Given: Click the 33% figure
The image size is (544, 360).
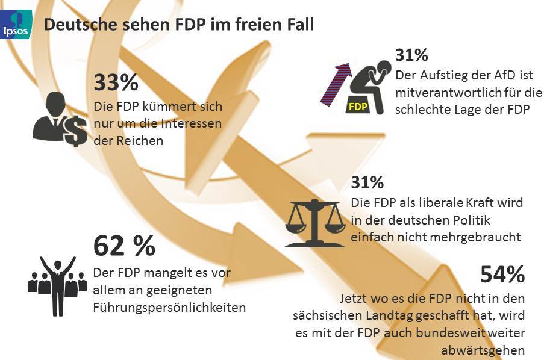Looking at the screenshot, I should click(x=116, y=82).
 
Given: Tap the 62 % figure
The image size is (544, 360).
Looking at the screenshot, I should click(x=124, y=246).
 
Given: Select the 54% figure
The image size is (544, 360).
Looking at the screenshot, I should click(x=502, y=275).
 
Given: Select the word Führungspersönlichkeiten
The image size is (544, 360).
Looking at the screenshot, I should click(x=169, y=308).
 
